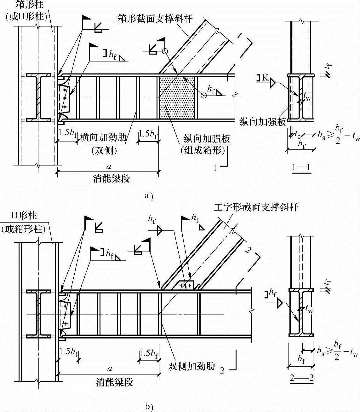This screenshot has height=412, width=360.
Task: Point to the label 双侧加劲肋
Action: tap(191, 366)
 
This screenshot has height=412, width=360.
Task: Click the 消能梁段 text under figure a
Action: tap(111, 179)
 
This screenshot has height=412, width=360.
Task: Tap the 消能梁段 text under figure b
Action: tap(115, 382)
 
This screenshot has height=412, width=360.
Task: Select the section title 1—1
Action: tap(301, 167)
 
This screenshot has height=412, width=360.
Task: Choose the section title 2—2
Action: tap(301, 378)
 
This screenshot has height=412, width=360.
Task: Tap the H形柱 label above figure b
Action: tap(24, 216)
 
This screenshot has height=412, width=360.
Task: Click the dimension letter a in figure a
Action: tap(109, 167)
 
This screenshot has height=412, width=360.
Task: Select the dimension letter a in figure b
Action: tap(110, 369)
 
